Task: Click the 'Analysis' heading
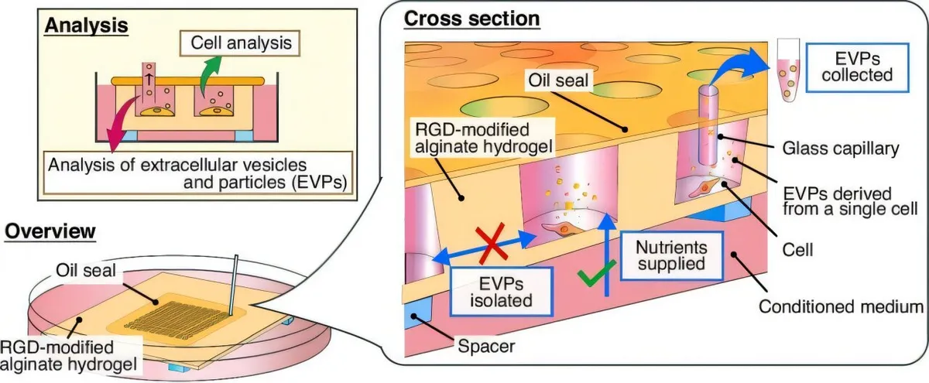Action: click(85, 25)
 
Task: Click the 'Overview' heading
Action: click(50, 231)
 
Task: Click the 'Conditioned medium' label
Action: click(841, 306)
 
